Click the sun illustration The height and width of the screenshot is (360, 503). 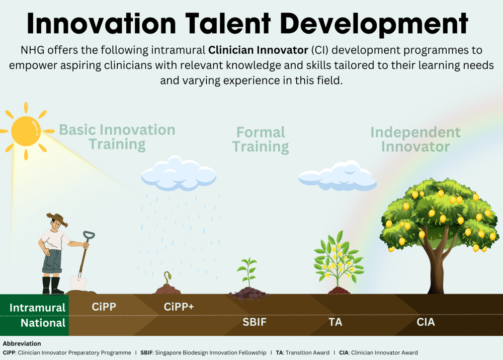26,131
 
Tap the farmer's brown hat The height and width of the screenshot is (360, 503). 57,220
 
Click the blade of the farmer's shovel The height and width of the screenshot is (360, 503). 78,282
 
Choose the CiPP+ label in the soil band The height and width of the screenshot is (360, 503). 179,307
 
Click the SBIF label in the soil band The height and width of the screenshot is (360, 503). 255,322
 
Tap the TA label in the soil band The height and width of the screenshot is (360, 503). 335,322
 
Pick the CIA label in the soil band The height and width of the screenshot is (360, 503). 426,322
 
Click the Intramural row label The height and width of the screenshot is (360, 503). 37,308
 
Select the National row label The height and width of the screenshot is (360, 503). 43,323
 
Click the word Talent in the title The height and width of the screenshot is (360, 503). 228,24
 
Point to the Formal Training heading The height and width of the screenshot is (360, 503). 261,139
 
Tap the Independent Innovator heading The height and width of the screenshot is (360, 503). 415,139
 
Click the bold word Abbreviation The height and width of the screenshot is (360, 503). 22,343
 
